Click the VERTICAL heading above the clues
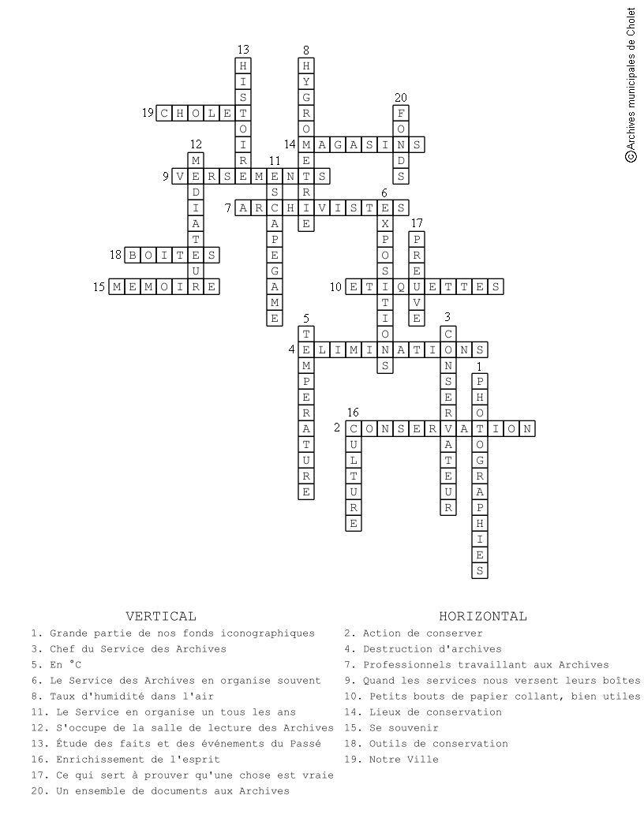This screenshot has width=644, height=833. pos(161,616)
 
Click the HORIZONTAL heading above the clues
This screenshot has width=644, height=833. pos(483,616)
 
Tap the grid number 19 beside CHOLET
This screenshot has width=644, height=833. pos(148,114)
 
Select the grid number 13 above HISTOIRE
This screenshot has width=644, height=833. pos(243,50)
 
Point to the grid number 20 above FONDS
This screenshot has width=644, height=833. pos(401,97)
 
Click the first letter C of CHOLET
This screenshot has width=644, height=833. pos(164,114)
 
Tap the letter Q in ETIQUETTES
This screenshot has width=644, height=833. pos(401,287)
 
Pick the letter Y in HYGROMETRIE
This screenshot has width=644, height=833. pos(306,82)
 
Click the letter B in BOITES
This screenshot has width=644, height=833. pos(133,256)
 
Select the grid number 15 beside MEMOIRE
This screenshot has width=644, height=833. pos(99,287)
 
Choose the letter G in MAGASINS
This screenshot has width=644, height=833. pos(338,145)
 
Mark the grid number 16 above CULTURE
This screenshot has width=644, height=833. pos(353,413)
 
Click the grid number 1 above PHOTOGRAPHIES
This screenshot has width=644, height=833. pos(479,366)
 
